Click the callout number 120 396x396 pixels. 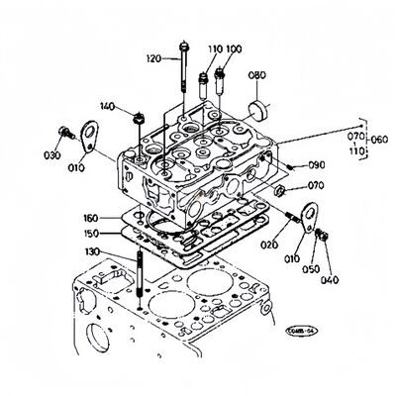[152, 58]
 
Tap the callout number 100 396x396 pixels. [233, 49]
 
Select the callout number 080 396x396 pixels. [257, 74]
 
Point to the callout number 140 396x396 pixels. [107, 106]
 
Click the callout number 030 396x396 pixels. [50, 154]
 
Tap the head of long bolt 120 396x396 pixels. [184, 45]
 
